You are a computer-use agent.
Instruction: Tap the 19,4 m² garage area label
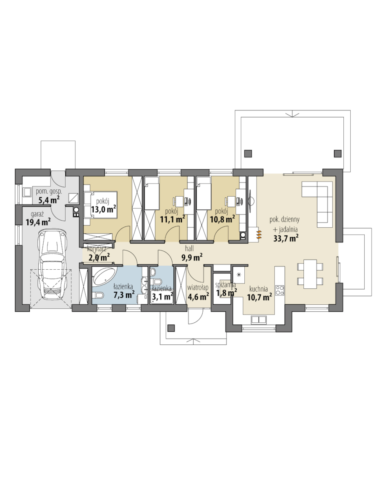click(38, 222)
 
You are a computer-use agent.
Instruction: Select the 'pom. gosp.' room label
click(49, 192)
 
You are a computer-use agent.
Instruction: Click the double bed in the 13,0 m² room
click(100, 205)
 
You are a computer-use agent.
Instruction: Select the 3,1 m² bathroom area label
click(162, 296)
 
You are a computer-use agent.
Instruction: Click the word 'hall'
click(189, 248)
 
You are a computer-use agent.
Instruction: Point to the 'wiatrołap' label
click(198, 288)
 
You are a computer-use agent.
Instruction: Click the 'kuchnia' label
click(259, 289)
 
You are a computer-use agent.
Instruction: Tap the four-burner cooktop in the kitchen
click(279, 290)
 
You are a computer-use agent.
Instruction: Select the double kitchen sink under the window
click(259, 319)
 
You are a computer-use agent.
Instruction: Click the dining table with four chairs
click(310, 274)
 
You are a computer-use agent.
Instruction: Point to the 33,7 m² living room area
click(286, 238)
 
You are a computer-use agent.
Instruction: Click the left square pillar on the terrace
click(248, 153)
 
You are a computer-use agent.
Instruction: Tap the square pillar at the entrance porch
click(171, 328)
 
